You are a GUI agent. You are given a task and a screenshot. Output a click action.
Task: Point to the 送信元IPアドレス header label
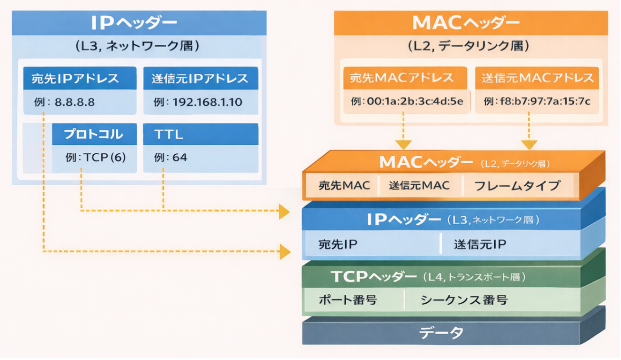pyautogui.click(x=200, y=78)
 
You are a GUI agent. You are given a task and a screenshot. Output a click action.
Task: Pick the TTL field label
pyautogui.click(x=169, y=134)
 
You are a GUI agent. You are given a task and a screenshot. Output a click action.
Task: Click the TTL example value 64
pyautogui.click(x=179, y=157)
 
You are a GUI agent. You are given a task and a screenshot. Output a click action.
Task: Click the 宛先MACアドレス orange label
pyautogui.click(x=402, y=77)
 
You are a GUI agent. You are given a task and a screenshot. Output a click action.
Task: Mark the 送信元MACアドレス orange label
pyautogui.click(x=537, y=77)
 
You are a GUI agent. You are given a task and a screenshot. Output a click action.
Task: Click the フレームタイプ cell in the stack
pyautogui.click(x=517, y=186)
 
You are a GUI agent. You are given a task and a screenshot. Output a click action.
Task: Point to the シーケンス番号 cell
pyautogui.click(x=464, y=300)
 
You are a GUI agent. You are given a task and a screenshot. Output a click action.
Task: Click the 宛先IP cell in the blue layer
pyautogui.click(x=338, y=244)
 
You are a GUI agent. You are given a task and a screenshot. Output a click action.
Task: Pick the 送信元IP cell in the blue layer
pyautogui.click(x=480, y=244)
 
